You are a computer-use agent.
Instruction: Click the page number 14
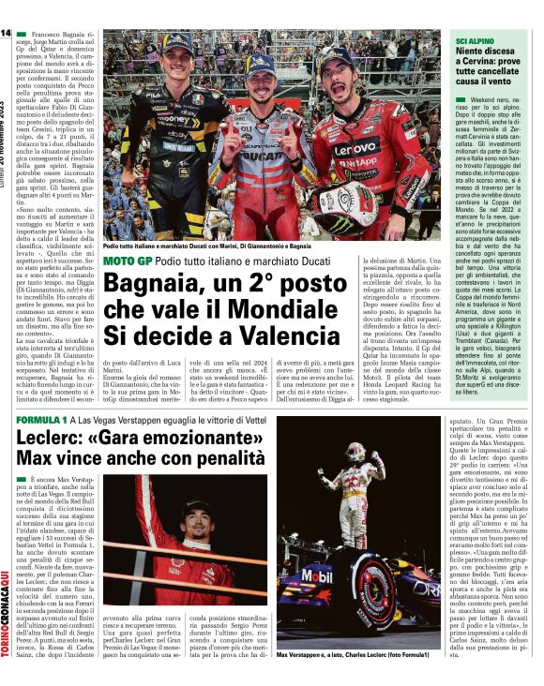tap(6, 34)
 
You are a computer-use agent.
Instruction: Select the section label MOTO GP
tap(126, 260)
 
